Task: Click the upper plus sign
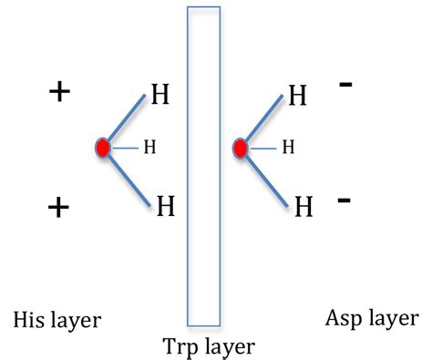tap(59, 92)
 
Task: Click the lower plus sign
tap(58, 208)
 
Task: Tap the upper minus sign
tap(345, 85)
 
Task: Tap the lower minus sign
tap(345, 199)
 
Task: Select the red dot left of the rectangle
tap(103, 147)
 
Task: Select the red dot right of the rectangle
tap(241, 147)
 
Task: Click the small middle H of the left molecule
tap(150, 147)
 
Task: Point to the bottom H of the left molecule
tap(165, 206)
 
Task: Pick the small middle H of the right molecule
tap(288, 146)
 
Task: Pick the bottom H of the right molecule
tap(303, 207)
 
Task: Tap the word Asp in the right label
tap(343, 318)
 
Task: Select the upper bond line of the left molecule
tap(125, 119)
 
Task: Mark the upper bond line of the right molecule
tap(262, 119)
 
